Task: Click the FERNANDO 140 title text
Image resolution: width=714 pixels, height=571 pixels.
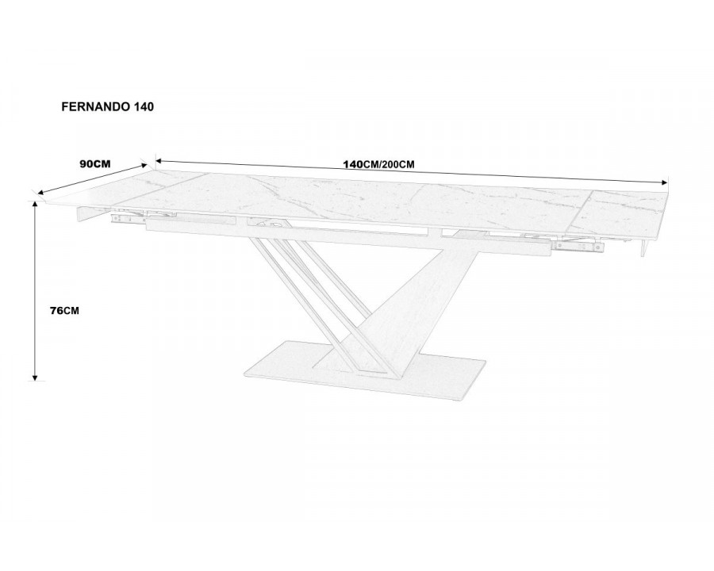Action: [107, 106]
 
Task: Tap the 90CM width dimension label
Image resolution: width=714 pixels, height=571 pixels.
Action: [95, 164]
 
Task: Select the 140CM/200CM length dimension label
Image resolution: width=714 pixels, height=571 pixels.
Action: [379, 164]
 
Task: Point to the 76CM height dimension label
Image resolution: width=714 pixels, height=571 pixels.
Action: [64, 311]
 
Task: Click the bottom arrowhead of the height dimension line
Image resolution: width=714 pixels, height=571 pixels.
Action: [35, 375]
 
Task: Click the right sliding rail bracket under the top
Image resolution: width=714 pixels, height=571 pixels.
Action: [578, 247]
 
